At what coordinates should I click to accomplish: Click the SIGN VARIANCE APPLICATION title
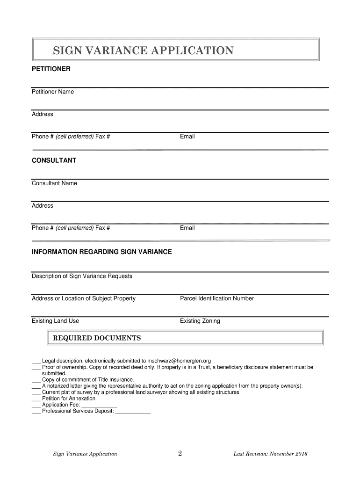pos(143,50)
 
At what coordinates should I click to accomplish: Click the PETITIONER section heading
pos(51,69)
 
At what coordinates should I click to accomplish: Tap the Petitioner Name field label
pos(53,92)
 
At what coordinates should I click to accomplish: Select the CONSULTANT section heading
pos(54,160)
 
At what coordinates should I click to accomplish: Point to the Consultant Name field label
pos(54,183)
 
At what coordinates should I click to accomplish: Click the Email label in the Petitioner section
pos(187,137)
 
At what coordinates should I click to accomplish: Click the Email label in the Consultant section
pos(187,228)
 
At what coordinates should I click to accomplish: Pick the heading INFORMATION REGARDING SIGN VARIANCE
pos(101,252)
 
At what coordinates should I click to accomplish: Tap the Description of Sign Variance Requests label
pos(82,276)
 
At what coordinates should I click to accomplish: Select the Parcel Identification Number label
pos(216,298)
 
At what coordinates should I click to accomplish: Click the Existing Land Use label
pos(55,321)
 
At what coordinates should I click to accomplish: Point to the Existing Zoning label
pos(200,321)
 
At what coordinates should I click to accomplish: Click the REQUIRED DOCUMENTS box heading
pos(97,338)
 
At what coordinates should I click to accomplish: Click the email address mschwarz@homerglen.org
pos(179,361)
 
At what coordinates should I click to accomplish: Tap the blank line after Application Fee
pos(99,406)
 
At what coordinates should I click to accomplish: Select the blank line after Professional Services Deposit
pos(133,412)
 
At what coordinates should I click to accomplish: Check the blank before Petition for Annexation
pos(36,399)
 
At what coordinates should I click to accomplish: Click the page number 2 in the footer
pos(180,453)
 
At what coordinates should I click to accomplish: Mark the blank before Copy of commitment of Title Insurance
pos(36,380)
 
